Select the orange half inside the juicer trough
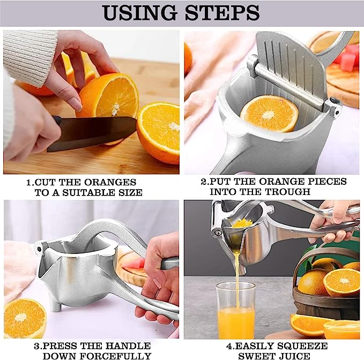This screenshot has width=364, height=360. pyautogui.click(x=269, y=114)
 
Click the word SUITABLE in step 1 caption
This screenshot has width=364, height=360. pyautogui.click(x=88, y=192)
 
